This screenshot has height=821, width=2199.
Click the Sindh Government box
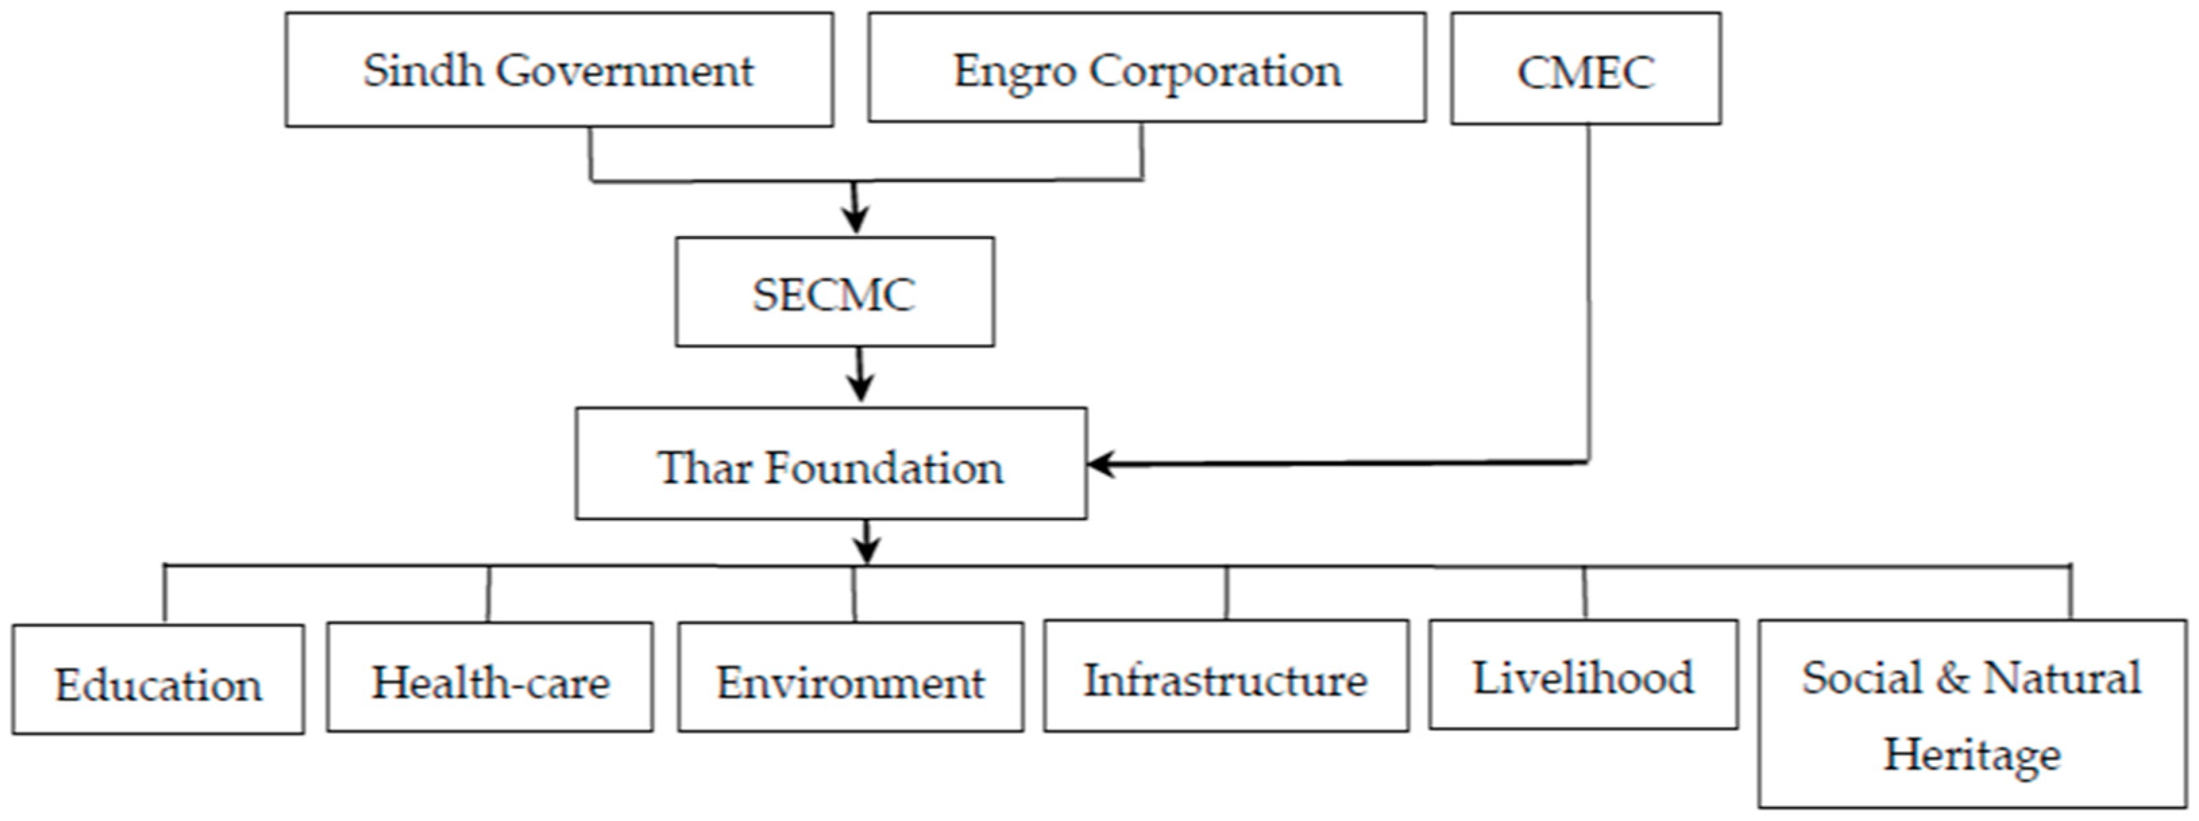[x=559, y=70]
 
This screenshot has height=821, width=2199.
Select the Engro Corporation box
[x=1146, y=68]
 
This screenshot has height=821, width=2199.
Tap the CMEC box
[x=1585, y=70]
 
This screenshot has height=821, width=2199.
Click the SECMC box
[x=834, y=293]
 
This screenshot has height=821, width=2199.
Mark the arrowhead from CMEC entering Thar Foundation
[x=1101, y=464]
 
